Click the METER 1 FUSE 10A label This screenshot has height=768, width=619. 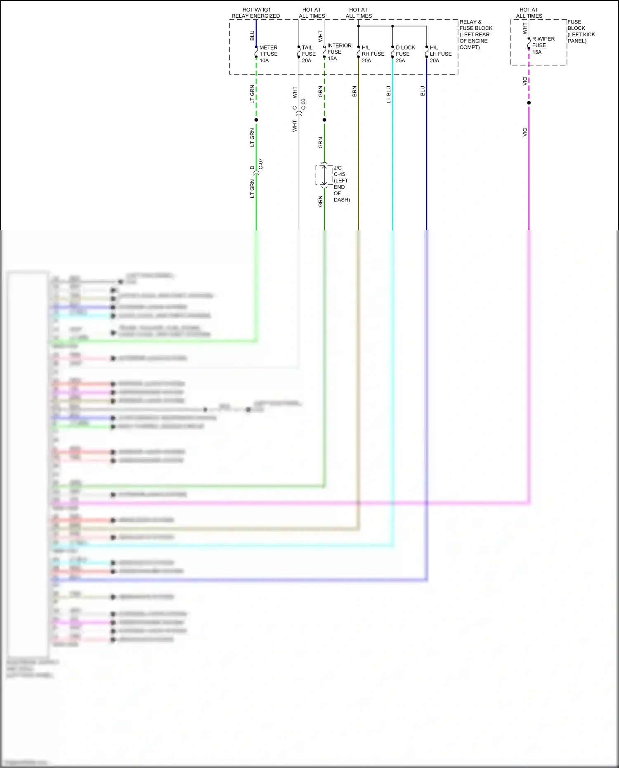(x=268, y=54)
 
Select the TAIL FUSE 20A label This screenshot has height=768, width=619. (x=308, y=54)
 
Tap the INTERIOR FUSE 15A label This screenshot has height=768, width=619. (x=339, y=52)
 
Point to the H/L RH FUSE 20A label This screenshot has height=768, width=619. (x=372, y=54)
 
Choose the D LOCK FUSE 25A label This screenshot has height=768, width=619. (x=405, y=54)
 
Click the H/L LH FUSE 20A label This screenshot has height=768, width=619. (x=440, y=54)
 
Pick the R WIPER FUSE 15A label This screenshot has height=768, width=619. (x=543, y=45)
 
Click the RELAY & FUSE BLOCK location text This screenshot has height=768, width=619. (x=475, y=35)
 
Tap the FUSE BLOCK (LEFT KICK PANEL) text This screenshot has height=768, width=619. (x=581, y=31)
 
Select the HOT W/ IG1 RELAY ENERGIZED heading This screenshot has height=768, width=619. (x=256, y=13)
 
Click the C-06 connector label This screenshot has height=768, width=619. (x=303, y=104)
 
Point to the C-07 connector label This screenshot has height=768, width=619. (x=260, y=164)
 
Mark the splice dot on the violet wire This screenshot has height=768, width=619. (x=529, y=103)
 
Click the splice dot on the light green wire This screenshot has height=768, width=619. (x=256, y=120)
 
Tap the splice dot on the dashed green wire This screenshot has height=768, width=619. (x=324, y=120)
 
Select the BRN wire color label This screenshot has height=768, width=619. (x=354, y=92)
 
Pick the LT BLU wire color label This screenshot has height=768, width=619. (x=388, y=95)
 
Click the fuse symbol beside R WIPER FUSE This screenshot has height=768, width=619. (x=529, y=43)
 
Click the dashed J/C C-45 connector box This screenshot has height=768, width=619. (x=324, y=175)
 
